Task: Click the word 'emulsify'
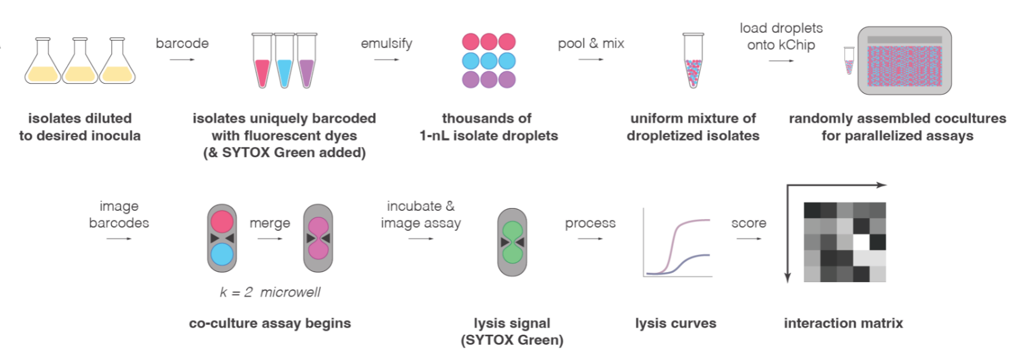tap(387, 44)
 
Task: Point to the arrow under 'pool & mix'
tap(591, 60)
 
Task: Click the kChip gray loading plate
tap(904, 61)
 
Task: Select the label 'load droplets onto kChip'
tap(781, 37)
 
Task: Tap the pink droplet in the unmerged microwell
tap(222, 222)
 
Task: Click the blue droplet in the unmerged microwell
tap(222, 255)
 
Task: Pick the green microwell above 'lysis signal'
tap(512, 242)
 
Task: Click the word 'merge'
tap(270, 223)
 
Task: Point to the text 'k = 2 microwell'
tap(270, 292)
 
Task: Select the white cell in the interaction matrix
tap(862, 242)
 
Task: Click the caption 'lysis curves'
tap(675, 323)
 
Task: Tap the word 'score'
tap(748, 223)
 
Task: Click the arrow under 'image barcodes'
tap(119, 239)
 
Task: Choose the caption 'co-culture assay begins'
tap(270, 323)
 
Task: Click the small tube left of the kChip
tap(849, 61)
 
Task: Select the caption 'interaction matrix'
tap(843, 323)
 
